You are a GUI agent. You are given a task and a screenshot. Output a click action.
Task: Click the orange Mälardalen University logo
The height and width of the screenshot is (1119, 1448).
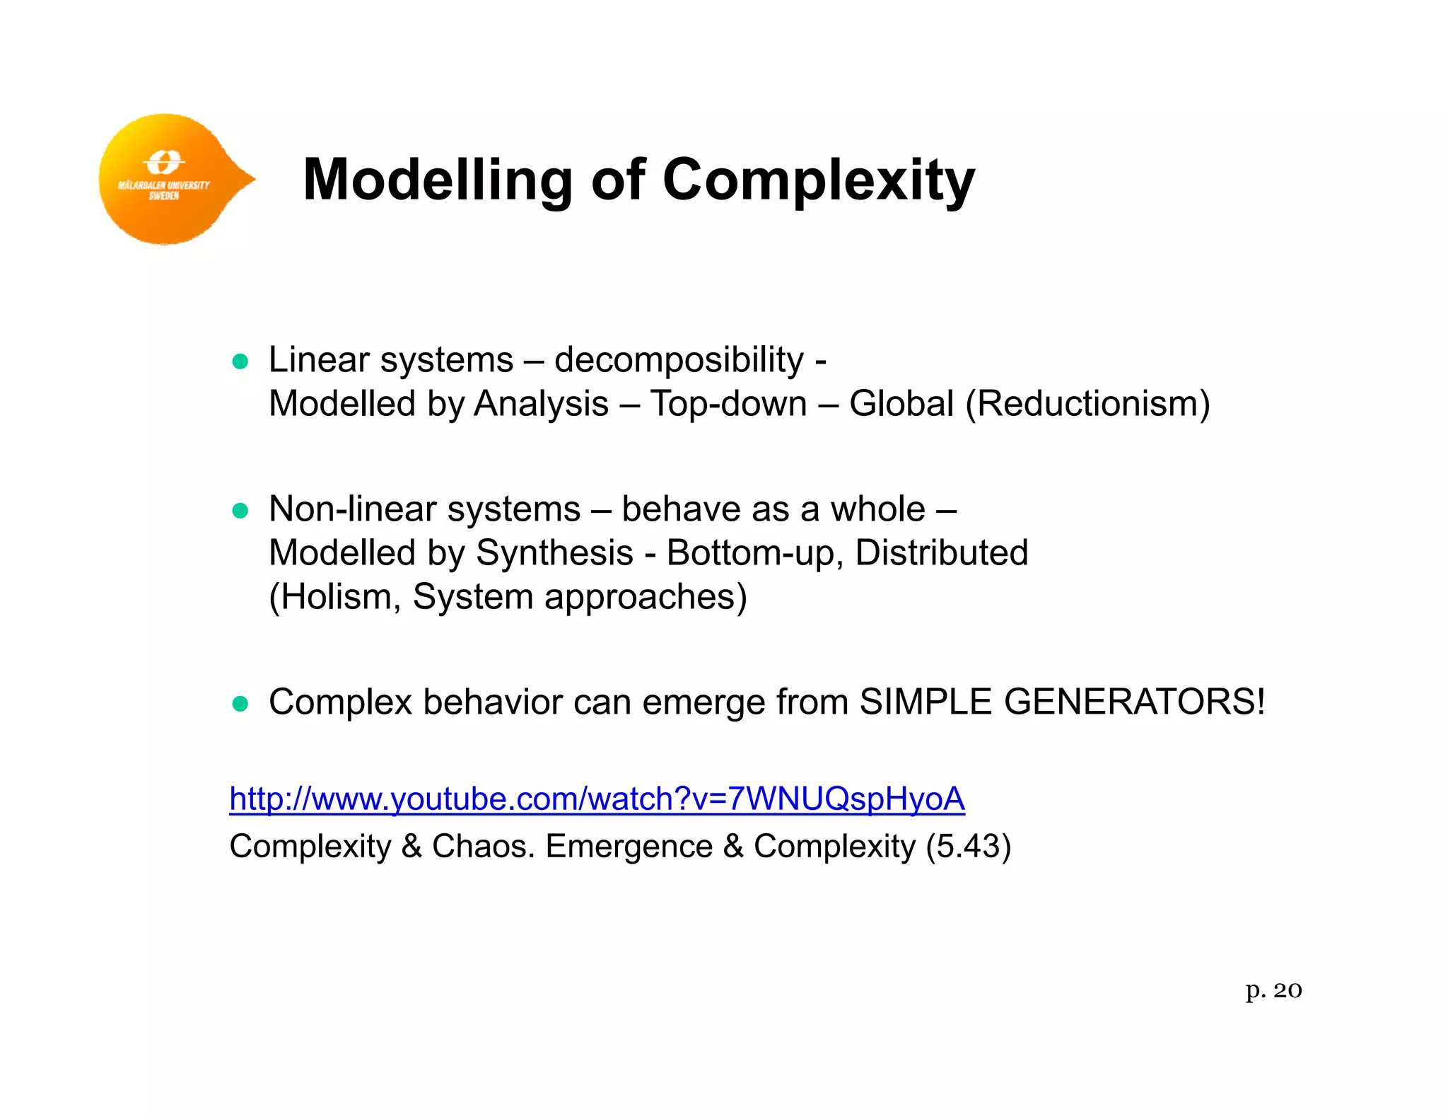pos(170,180)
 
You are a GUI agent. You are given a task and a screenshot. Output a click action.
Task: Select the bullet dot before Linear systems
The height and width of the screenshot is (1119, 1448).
pos(240,362)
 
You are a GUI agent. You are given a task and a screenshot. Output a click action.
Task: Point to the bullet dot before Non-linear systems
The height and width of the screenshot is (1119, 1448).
pos(240,511)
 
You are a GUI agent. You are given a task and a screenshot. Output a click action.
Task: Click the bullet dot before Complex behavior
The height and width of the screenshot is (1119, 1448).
pos(240,704)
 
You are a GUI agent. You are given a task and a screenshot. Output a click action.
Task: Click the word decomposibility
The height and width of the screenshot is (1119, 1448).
pos(679,361)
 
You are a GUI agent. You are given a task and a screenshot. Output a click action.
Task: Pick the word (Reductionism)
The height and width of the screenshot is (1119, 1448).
pos(1087,405)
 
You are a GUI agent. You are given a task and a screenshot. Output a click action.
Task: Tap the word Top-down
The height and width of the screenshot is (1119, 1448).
pos(728,405)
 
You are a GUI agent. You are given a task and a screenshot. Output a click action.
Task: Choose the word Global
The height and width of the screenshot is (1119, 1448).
pos(901,405)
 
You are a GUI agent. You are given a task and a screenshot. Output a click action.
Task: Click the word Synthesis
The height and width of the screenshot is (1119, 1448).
pos(554,553)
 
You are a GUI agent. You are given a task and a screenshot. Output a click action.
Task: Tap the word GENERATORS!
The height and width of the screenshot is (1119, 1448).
pos(1134,702)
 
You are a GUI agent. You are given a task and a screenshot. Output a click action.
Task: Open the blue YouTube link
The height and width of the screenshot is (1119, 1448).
pos(597,799)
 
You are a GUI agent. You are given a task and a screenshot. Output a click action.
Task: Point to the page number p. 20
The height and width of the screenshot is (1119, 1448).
pos(1273,990)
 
